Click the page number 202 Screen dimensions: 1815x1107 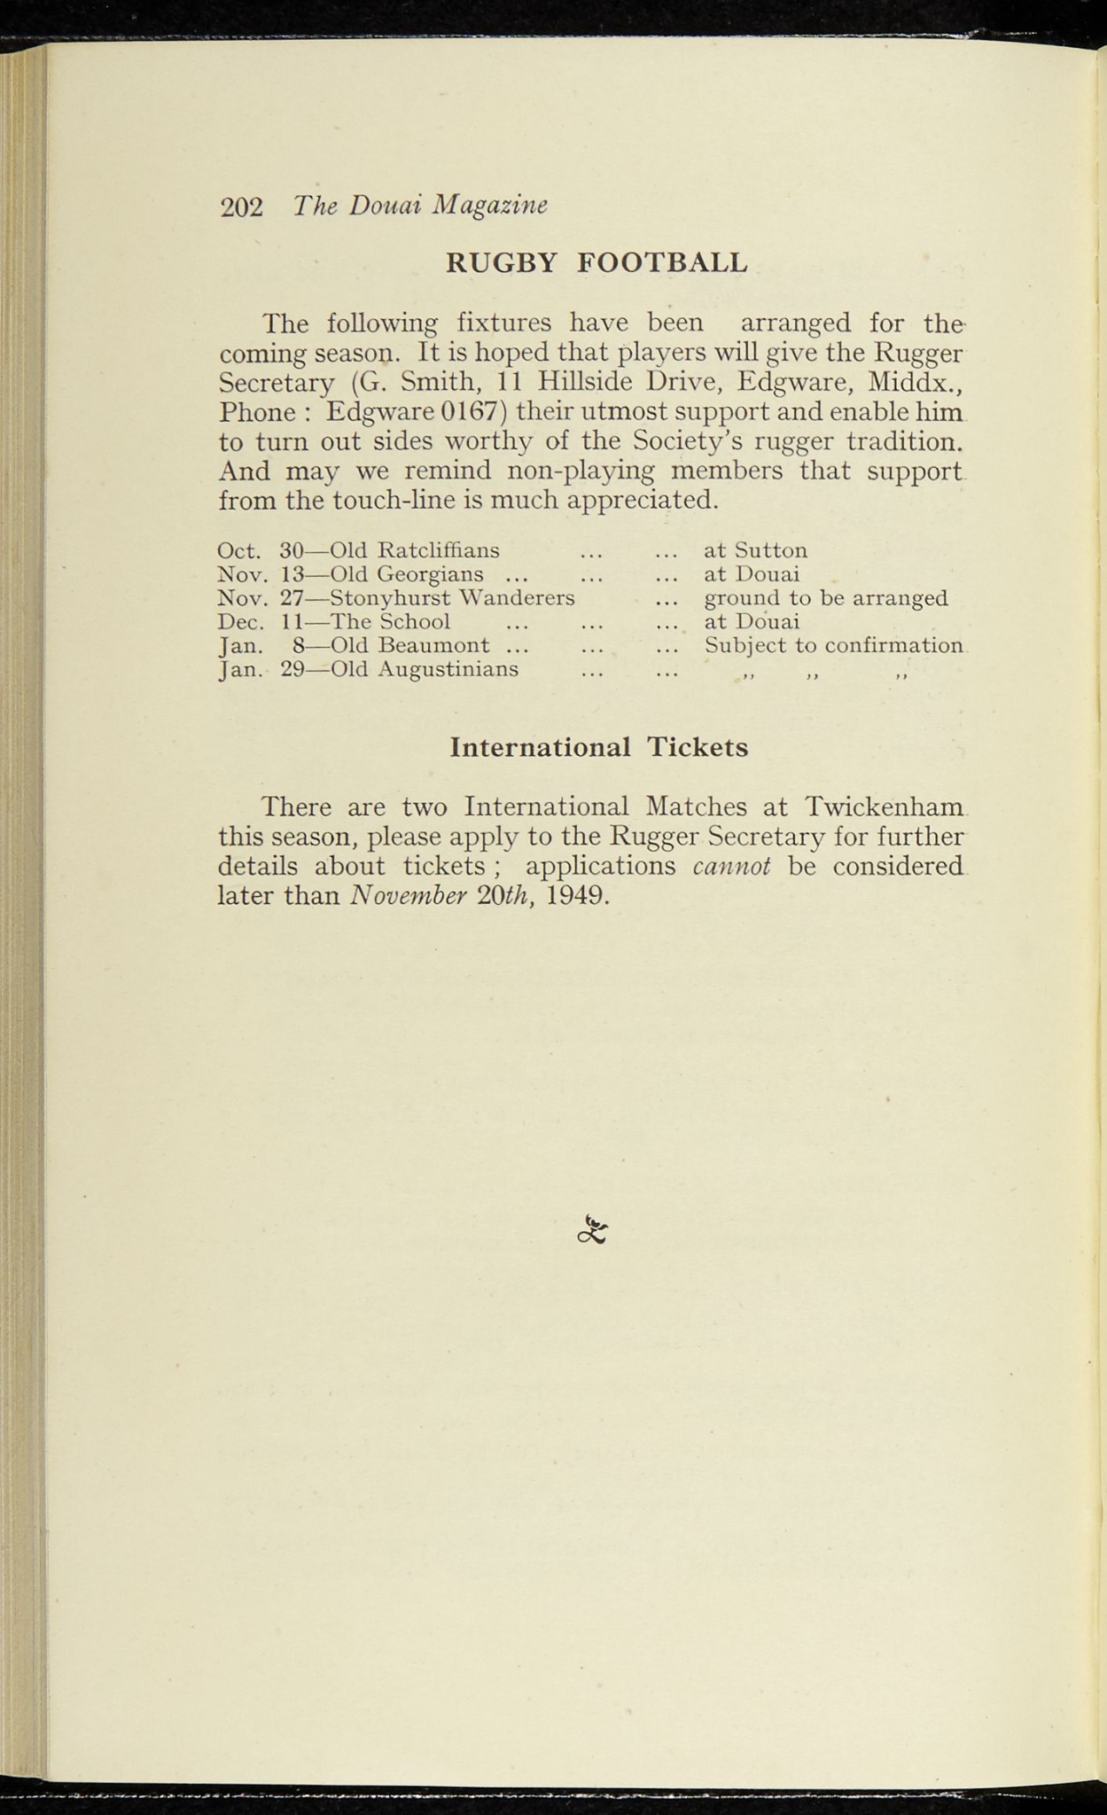pos(241,206)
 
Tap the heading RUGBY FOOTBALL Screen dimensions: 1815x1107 pos(596,262)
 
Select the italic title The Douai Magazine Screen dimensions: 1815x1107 pos(420,206)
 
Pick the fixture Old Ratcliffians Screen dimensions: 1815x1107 pos(414,550)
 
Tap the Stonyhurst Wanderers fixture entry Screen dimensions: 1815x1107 pos(452,598)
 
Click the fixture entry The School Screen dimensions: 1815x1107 pos(390,622)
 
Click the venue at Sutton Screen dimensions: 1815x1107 pos(755,550)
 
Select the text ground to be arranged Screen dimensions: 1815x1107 pos(825,598)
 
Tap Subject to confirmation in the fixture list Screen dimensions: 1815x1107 pos(833,646)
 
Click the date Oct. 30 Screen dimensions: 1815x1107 pos(261,550)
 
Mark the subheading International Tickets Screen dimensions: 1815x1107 pos(599,747)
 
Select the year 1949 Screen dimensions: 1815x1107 pos(577,895)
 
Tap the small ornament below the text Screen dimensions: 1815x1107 pos(593,1229)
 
